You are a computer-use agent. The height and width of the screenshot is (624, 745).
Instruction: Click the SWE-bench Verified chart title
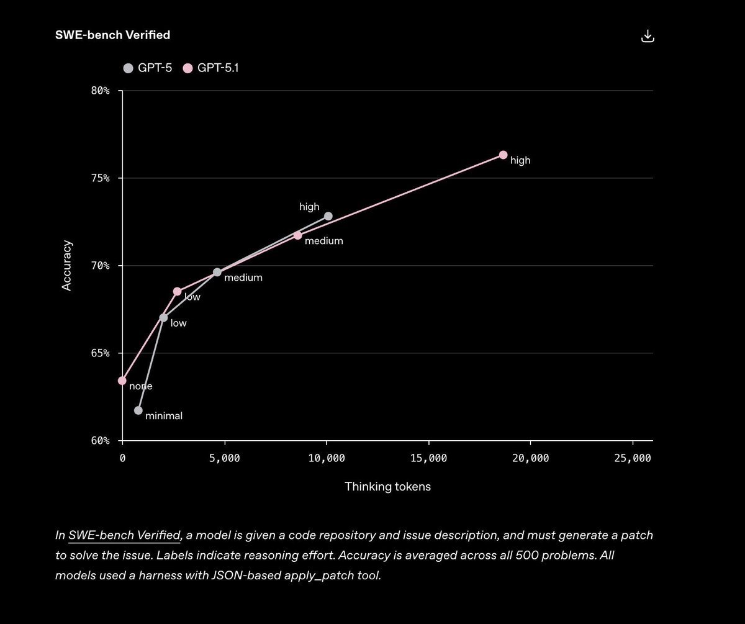point(112,35)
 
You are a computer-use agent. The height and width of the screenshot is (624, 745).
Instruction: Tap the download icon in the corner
point(648,36)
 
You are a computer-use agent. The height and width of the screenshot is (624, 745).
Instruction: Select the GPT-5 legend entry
point(148,68)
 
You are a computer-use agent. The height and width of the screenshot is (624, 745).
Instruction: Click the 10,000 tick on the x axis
point(327,458)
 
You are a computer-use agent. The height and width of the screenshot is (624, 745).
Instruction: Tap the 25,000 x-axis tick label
point(633,458)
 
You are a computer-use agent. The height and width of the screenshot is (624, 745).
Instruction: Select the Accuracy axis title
point(67,266)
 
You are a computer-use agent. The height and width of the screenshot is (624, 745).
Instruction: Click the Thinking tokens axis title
point(387,487)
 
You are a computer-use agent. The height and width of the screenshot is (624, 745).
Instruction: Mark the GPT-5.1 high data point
point(503,155)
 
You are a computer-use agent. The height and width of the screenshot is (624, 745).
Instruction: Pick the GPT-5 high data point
point(328,216)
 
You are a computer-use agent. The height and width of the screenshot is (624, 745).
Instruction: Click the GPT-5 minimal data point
point(138,410)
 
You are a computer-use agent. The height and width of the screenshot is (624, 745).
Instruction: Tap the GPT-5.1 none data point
point(122,381)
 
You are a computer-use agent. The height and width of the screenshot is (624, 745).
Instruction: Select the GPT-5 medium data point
point(217,272)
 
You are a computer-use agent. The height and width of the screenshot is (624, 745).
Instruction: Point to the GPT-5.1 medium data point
point(298,235)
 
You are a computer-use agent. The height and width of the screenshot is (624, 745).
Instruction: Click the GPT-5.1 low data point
point(177,291)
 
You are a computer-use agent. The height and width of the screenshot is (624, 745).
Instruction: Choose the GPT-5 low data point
point(163,317)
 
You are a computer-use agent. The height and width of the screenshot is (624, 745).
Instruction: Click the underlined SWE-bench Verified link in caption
point(124,535)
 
